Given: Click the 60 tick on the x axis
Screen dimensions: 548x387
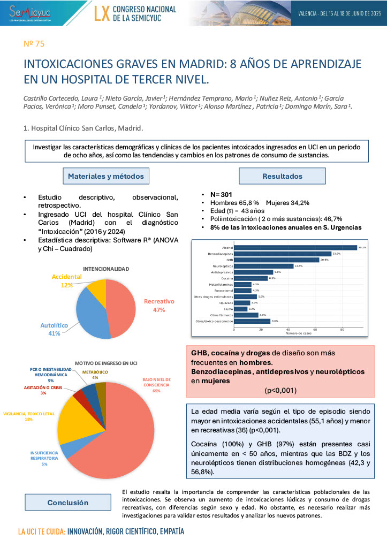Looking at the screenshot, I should pos(315,330).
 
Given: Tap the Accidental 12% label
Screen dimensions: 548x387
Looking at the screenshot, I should pos(66,281).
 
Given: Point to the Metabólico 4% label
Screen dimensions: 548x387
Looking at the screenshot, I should pos(95,375).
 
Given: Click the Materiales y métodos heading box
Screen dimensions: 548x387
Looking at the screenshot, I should pos(105,176).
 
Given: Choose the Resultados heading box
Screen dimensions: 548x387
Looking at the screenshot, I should pos(282,176).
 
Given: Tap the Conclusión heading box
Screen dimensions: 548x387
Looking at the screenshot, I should pos(67,503).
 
